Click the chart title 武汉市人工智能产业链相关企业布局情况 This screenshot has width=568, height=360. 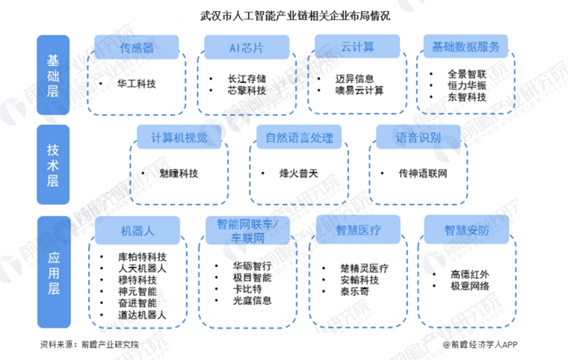(284, 15)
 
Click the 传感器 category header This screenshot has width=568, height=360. (138, 49)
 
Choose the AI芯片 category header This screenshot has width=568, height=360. (245, 49)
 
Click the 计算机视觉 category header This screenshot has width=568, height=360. (173, 137)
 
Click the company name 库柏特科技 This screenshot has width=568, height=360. (136, 256)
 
